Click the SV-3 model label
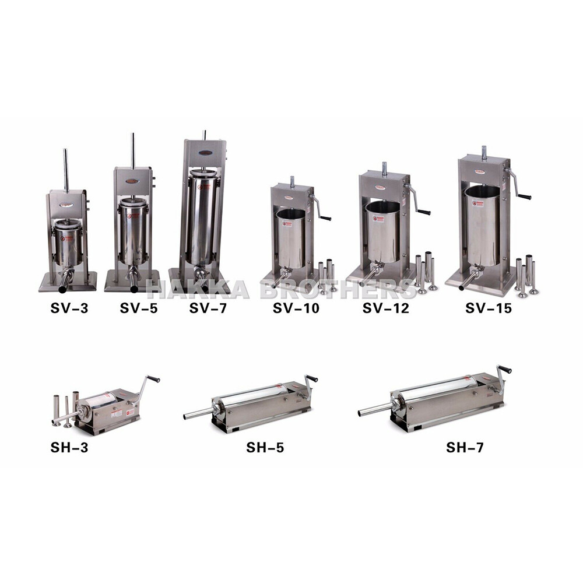coord(68,308)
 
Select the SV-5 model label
coord(139,308)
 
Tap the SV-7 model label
coord(208,308)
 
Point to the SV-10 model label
coord(296,308)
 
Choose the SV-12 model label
coord(385,308)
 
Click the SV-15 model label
coord(489,308)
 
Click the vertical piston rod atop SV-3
coord(66,170)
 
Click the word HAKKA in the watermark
coord(199,289)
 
